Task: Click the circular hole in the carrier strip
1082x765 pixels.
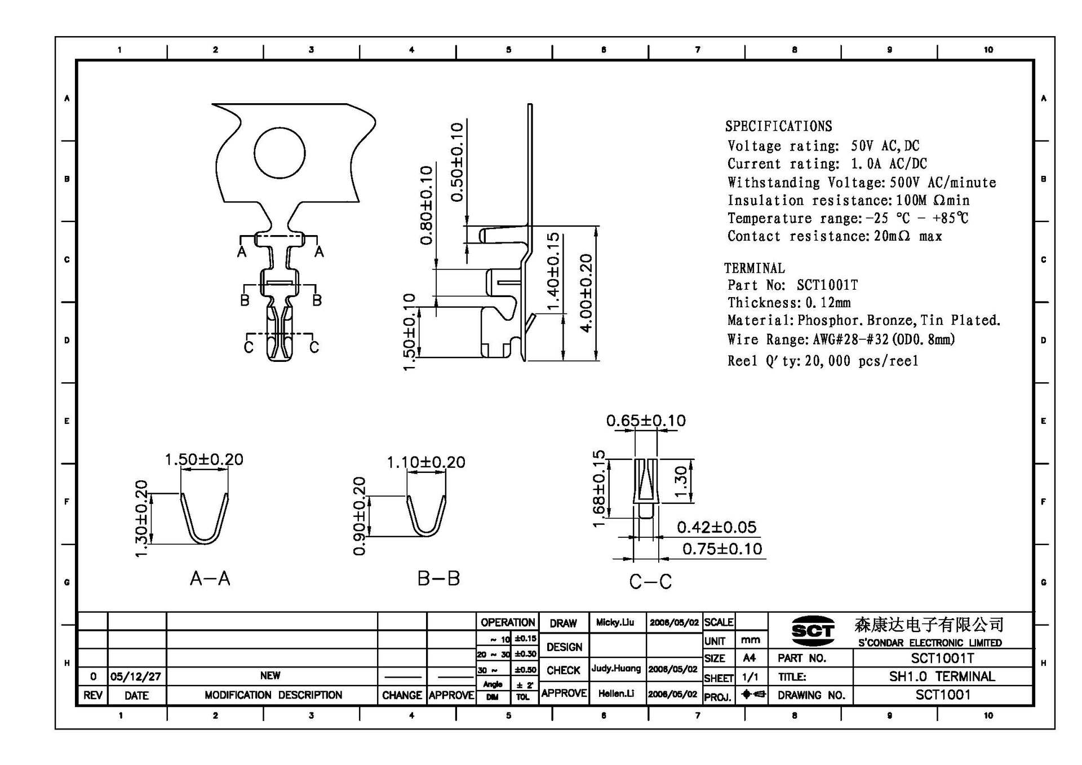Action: pyautogui.click(x=280, y=153)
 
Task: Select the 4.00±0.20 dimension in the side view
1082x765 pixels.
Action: pyautogui.click(x=586, y=293)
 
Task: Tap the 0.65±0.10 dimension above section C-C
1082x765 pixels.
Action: pyautogui.click(x=646, y=421)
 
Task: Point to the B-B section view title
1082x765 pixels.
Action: pyautogui.click(x=438, y=578)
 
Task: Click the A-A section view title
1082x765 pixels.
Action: pyautogui.click(x=210, y=578)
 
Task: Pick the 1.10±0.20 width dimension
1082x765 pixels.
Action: pyautogui.click(x=426, y=462)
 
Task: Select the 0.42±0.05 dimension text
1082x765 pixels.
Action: pyautogui.click(x=716, y=527)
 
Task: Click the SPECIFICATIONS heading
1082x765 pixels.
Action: pyautogui.click(x=778, y=126)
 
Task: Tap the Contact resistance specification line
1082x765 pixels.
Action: pyautogui.click(x=834, y=236)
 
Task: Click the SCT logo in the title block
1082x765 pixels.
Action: pyautogui.click(x=812, y=631)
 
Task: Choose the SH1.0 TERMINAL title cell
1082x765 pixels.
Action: pyautogui.click(x=942, y=676)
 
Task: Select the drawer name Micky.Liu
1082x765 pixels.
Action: pyautogui.click(x=615, y=622)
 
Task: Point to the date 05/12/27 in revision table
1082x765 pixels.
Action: pyautogui.click(x=136, y=676)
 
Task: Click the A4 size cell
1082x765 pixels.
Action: pyautogui.click(x=750, y=658)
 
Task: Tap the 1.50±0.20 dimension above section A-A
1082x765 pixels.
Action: pyautogui.click(x=204, y=459)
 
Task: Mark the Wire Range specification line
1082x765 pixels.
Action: pyautogui.click(x=841, y=339)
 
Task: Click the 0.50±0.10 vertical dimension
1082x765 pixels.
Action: pyautogui.click(x=457, y=162)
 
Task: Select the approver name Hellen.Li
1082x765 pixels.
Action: pyautogui.click(x=615, y=693)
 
